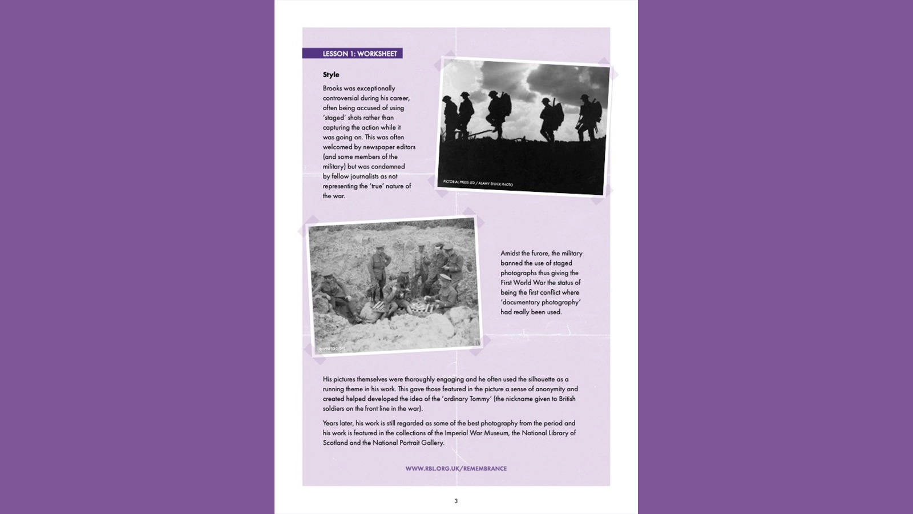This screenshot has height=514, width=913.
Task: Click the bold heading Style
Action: click(331, 75)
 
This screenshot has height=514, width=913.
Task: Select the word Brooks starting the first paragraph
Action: click(332, 89)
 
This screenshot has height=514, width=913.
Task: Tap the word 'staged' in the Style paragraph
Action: click(334, 118)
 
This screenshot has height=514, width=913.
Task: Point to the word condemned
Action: click(388, 167)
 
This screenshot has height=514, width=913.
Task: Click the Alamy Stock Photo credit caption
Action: click(478, 183)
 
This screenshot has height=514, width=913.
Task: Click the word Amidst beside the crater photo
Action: click(510, 254)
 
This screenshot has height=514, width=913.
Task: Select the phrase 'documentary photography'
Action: click(540, 302)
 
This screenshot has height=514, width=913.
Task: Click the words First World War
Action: click(523, 283)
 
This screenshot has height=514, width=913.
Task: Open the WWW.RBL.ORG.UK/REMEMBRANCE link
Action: click(456, 468)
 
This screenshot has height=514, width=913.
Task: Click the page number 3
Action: click(456, 501)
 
